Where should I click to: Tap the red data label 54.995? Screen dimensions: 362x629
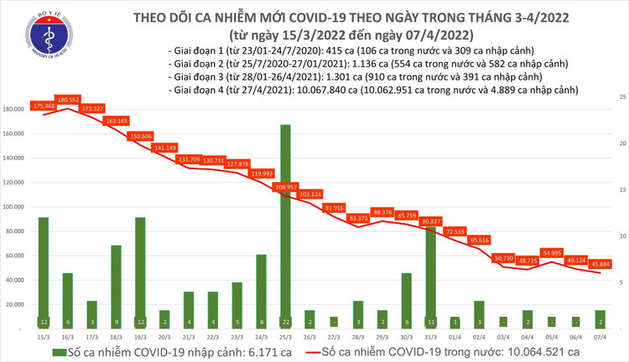[x=552, y=252]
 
